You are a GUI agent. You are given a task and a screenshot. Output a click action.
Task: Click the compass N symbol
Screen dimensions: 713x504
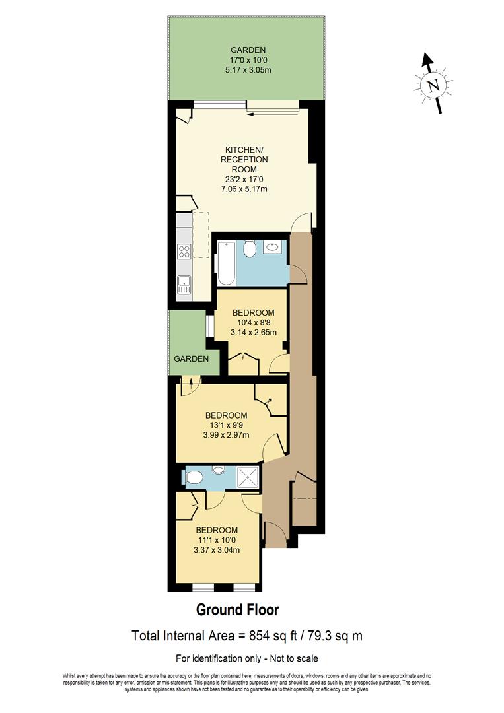[433, 86]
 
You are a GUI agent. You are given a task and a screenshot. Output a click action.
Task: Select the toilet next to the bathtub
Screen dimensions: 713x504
[249, 250]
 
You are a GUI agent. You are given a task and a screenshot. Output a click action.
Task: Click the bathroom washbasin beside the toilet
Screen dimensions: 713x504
[272, 248]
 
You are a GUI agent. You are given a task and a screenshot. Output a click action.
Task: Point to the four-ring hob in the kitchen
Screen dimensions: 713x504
[184, 252]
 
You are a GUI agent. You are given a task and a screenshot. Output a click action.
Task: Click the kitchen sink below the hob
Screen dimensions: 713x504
[184, 285]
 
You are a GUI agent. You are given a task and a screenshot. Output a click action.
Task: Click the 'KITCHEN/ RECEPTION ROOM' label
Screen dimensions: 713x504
[244, 159]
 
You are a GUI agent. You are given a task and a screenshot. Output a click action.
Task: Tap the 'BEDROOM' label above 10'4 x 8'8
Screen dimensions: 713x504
[253, 313]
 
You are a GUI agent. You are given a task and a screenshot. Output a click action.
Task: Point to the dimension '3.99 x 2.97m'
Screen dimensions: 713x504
[225, 435]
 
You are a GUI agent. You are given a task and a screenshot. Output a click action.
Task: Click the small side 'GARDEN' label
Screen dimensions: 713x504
[192, 358]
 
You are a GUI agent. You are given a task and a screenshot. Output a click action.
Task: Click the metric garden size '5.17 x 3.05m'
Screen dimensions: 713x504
[248, 69]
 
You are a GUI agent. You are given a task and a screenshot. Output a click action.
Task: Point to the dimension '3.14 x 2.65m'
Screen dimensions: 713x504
[253, 333]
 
